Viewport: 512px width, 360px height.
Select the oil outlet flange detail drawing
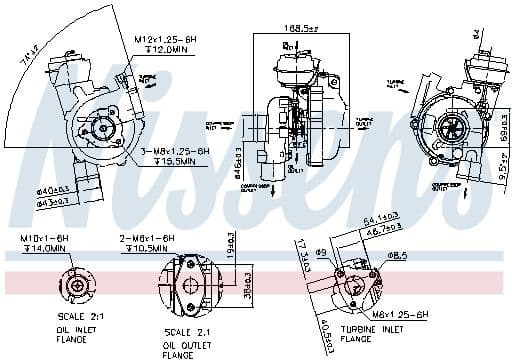189,282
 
